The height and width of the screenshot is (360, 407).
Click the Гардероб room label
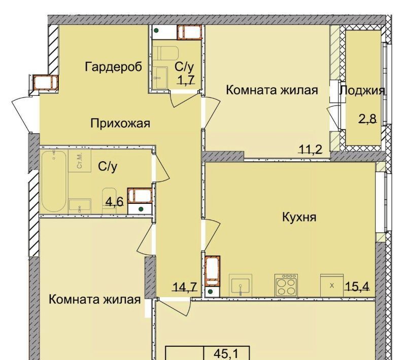[x=114, y=67]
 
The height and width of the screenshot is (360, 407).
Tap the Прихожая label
[x=120, y=123]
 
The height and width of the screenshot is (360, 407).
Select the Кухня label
[x=299, y=217]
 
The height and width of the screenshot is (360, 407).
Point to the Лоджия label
[x=362, y=90]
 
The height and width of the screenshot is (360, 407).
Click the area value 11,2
[x=311, y=150]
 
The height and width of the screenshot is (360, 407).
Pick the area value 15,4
[x=357, y=286]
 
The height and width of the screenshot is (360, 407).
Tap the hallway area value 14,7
[x=185, y=287]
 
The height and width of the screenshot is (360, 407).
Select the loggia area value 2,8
[x=367, y=119]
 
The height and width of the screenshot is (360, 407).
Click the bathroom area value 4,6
[x=114, y=201]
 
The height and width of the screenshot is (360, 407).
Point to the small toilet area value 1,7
[x=186, y=80]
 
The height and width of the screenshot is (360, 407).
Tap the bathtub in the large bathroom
[x=54, y=181]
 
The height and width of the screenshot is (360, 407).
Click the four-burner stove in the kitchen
[x=286, y=285]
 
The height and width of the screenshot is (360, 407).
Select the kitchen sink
[x=241, y=285]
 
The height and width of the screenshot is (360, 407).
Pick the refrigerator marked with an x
[x=332, y=285]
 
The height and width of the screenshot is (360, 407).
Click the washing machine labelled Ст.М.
[x=80, y=161]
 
